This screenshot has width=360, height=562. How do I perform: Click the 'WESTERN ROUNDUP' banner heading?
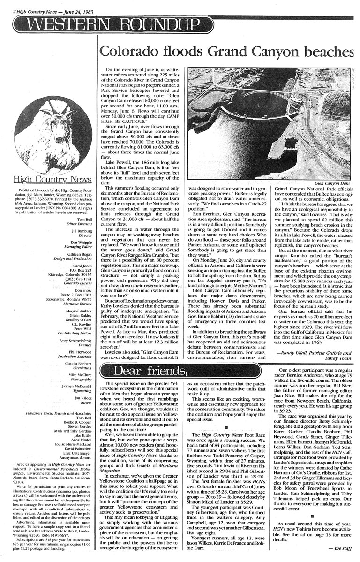click(x=112, y=23)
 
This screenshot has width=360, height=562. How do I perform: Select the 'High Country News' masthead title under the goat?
click(x=45, y=179)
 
